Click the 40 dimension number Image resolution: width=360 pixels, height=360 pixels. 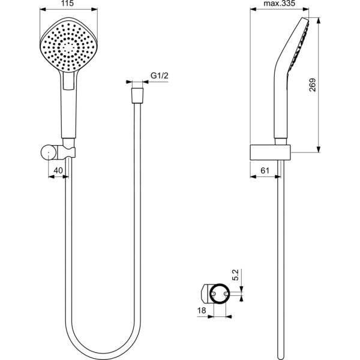(x=58, y=171)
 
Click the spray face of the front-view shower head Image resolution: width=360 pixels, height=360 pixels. (x=67, y=45)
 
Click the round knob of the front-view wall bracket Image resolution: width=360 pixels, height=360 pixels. (x=47, y=153)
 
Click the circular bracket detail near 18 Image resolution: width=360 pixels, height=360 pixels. (x=217, y=293)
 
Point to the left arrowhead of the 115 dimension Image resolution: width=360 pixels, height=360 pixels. (x=40, y=10)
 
